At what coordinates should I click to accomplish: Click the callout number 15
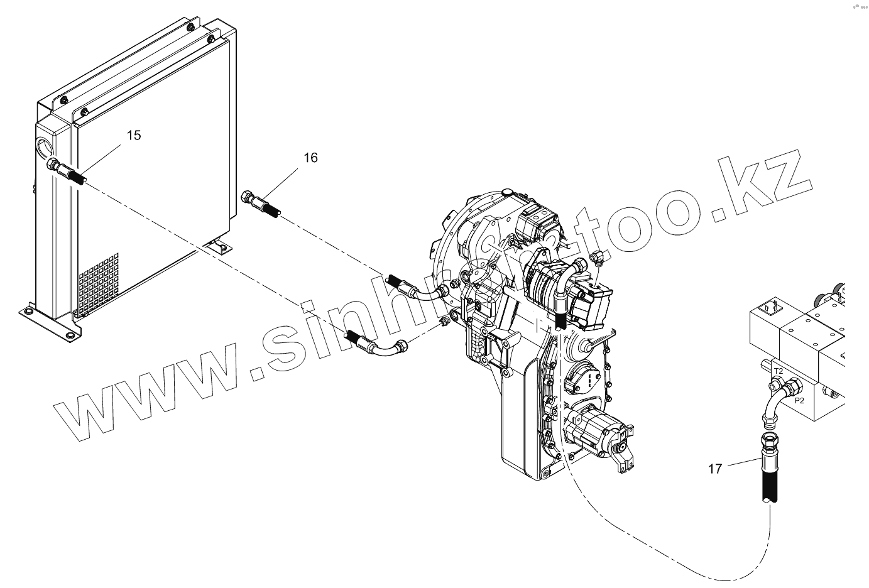coord(134,135)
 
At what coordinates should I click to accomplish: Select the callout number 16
coord(310,158)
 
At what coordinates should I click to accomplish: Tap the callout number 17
coord(715,469)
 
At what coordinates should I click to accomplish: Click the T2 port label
coord(778,371)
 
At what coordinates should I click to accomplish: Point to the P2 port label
coord(800,400)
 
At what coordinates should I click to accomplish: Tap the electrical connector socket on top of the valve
coord(772,309)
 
